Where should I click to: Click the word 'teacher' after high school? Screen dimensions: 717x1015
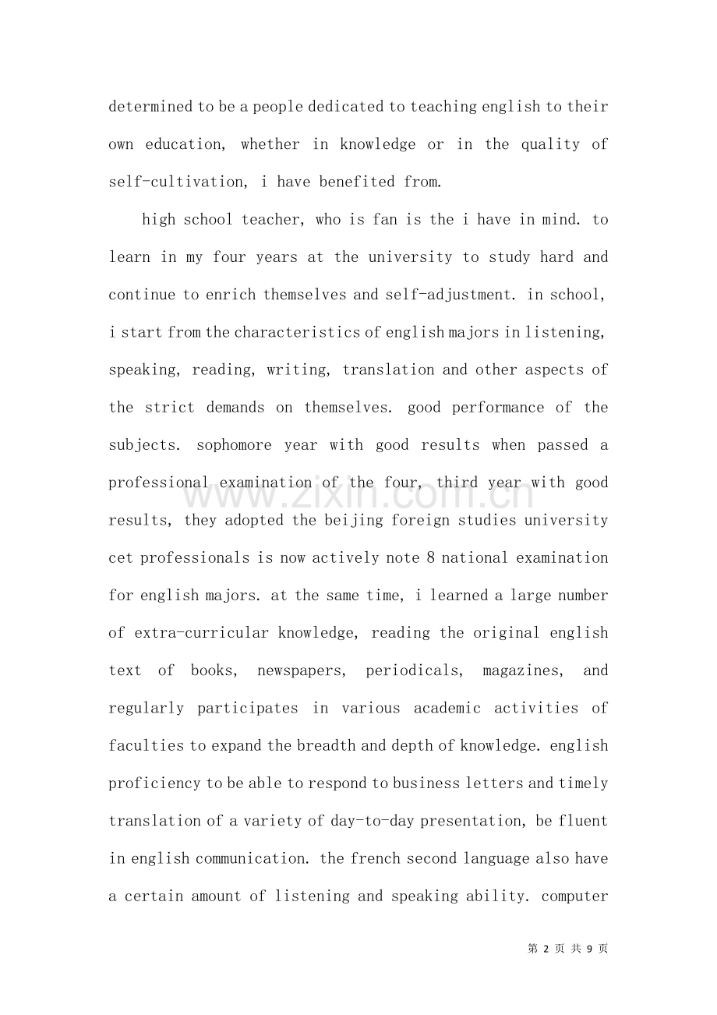tap(272, 219)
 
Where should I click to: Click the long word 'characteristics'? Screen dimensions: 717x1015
tap(297, 332)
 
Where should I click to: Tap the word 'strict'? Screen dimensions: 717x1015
tap(170, 407)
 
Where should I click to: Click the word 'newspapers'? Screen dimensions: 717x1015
tap(300, 670)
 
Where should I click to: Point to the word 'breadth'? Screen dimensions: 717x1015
tap(326, 745)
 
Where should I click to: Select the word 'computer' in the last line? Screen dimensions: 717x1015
tap(574, 896)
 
